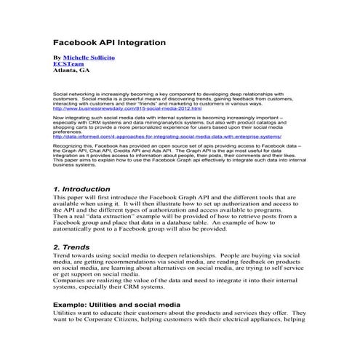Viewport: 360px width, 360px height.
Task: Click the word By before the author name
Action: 57,56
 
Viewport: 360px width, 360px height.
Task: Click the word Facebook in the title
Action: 81,42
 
